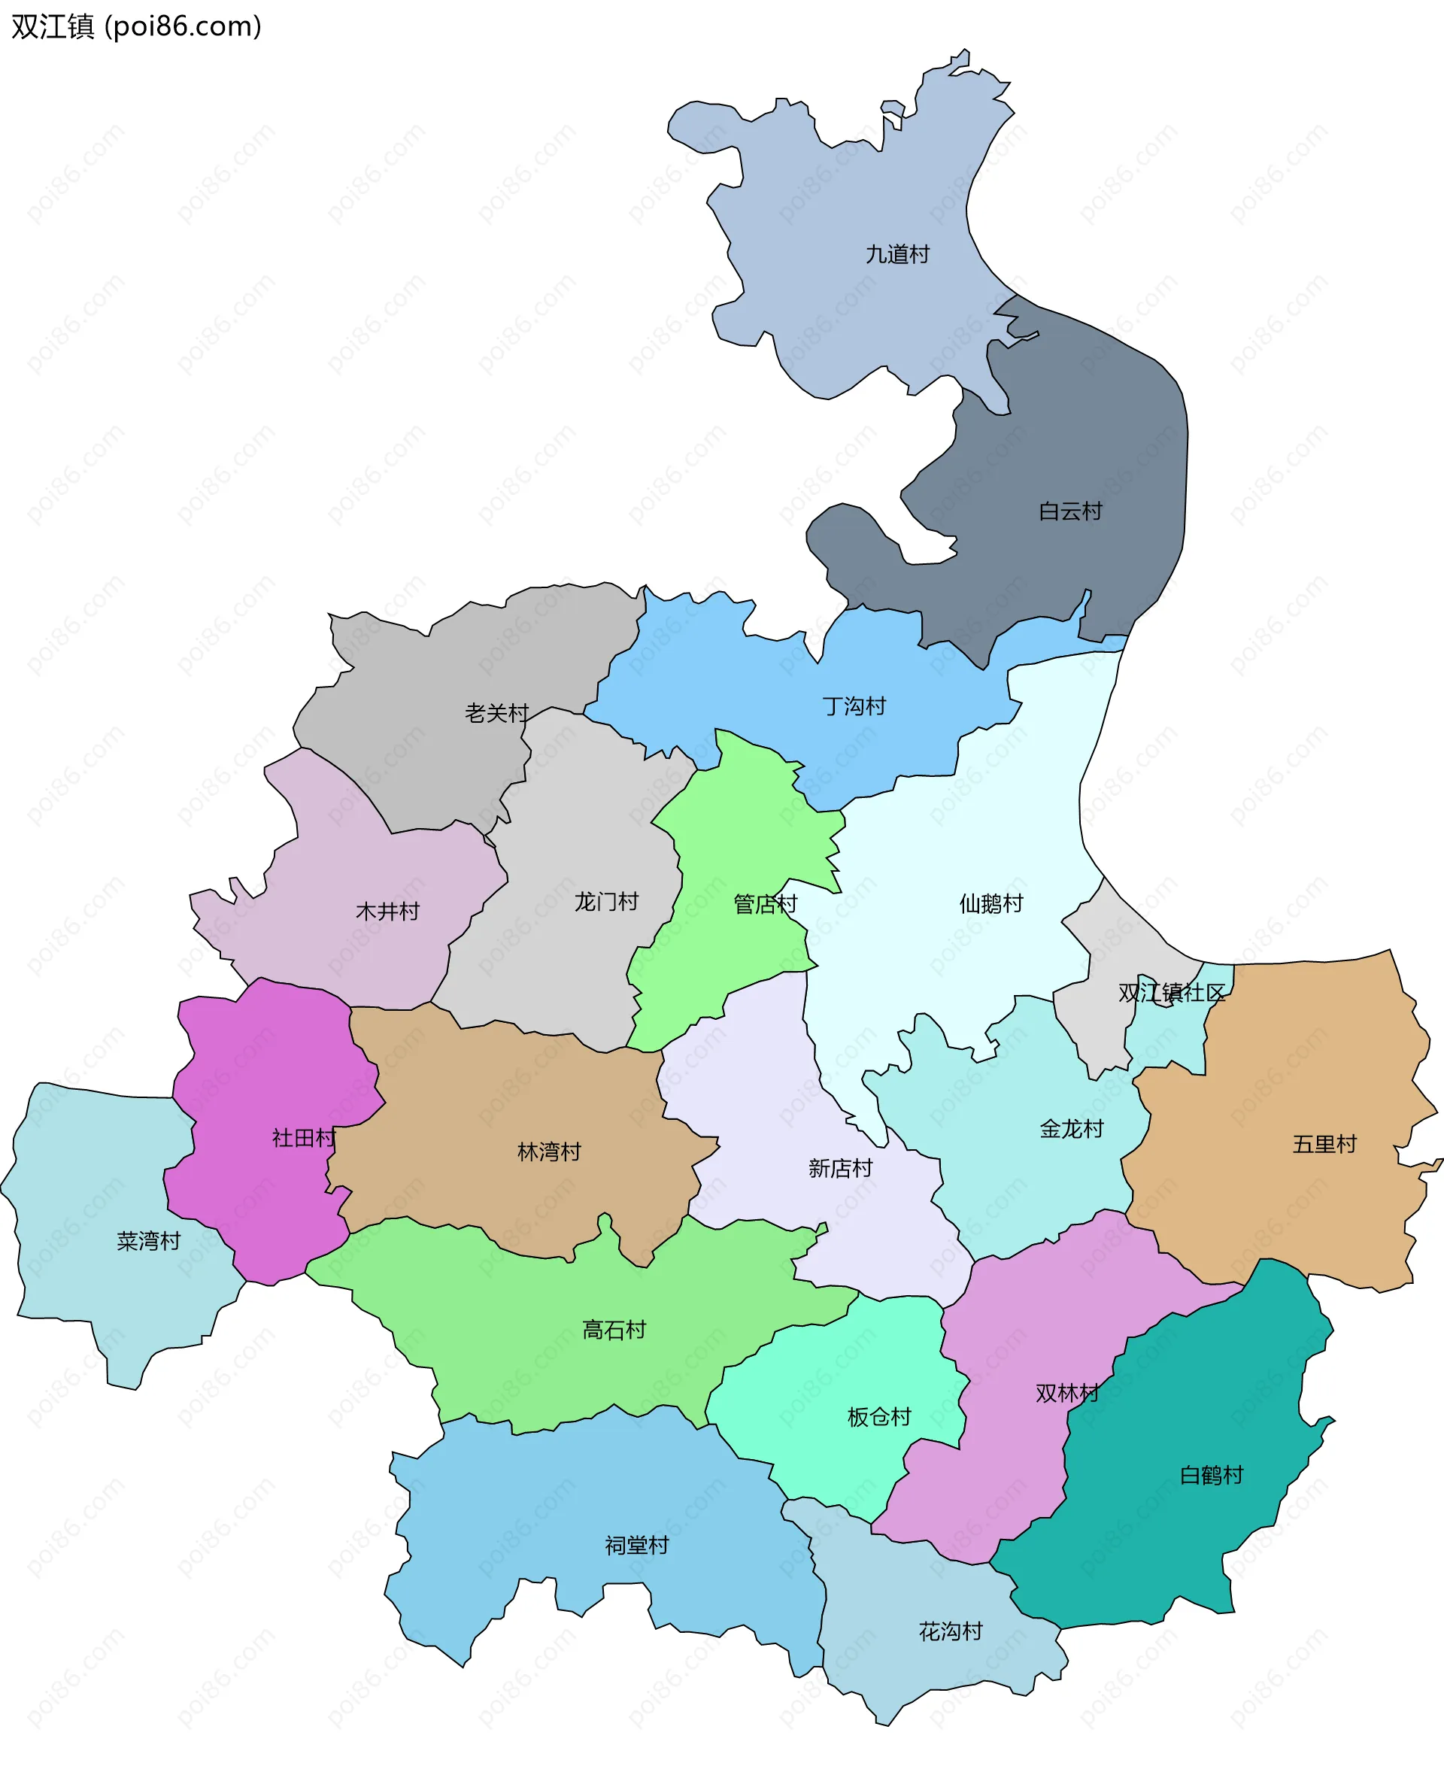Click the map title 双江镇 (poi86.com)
[x=136, y=26]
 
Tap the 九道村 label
[x=897, y=254]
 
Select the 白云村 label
[x=1070, y=511]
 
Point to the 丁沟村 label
[x=854, y=707]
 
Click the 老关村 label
[x=496, y=714]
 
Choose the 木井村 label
[x=387, y=912]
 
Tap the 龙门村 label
[x=606, y=903]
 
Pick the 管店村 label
[x=766, y=904]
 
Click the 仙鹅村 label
[x=990, y=904]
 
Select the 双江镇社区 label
[x=1171, y=993]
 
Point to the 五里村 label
[x=1324, y=1145]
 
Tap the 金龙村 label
[x=1072, y=1130]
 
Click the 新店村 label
[x=840, y=1170]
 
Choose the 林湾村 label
[x=549, y=1153]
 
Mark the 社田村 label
[x=304, y=1139]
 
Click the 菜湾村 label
[x=149, y=1242]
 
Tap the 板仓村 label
[x=879, y=1417]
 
